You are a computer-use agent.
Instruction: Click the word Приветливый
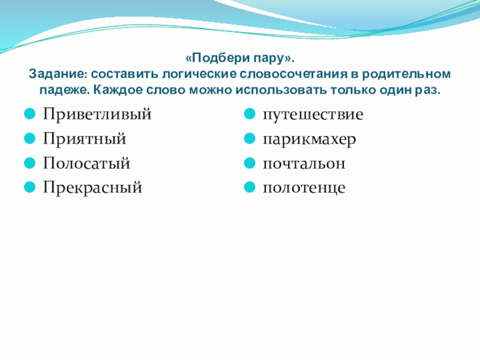(97, 115)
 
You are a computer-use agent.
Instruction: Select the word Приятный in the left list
(84, 139)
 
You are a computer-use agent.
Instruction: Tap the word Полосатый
(86, 163)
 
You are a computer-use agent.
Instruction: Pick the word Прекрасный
(92, 188)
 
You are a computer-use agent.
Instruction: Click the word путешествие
(313, 115)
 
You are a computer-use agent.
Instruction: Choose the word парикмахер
(309, 139)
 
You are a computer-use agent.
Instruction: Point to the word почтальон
(303, 163)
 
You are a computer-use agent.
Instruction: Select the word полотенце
(304, 188)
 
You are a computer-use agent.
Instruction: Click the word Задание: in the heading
(56, 75)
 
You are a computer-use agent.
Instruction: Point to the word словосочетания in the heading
(295, 75)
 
